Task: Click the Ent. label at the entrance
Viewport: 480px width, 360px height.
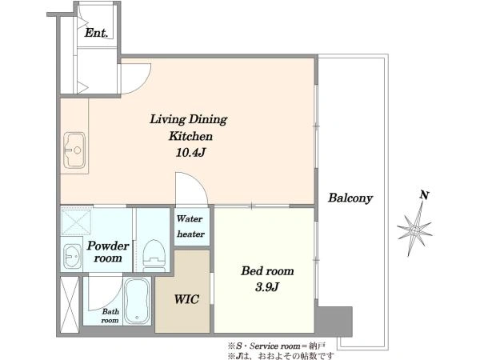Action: pos(96,33)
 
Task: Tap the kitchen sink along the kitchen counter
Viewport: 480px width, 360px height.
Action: pos(74,150)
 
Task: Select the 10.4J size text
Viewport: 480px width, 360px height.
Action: pos(190,152)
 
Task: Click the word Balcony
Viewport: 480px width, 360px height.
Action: pos(350,198)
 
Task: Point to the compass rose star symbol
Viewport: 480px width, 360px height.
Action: pos(414,230)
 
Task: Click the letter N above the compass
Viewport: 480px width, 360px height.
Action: pos(424,195)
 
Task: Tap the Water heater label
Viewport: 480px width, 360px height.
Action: pos(190,226)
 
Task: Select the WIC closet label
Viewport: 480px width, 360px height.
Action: pos(186,299)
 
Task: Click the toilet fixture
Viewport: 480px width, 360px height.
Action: pos(154,255)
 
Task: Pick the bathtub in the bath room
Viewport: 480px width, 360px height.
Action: pos(137,301)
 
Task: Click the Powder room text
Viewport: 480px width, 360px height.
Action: pos(108,252)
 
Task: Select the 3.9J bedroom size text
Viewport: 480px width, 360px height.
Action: pos(267,287)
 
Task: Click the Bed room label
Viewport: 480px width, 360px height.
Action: pos(267,271)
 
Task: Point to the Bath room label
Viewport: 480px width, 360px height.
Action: pos(110,316)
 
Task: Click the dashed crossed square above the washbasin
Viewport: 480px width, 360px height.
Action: pos(76,222)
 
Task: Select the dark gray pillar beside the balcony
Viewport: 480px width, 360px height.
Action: pos(334,322)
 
